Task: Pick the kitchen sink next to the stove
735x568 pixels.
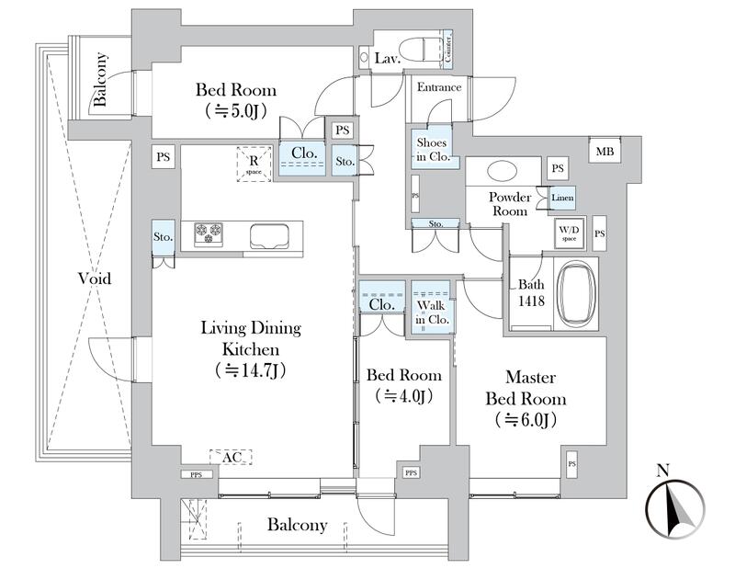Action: tap(273, 235)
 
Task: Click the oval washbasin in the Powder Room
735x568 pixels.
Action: tap(502, 172)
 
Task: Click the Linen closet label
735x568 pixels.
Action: tap(562, 199)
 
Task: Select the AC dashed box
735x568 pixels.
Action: tap(229, 456)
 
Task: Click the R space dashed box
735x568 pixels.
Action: tap(254, 164)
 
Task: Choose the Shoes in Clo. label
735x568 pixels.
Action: tap(432, 149)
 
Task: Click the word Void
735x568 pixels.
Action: tap(94, 278)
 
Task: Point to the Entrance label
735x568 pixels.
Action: tap(439, 88)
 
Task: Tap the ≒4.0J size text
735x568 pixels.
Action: tap(403, 397)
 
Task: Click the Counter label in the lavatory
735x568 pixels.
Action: tap(447, 50)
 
